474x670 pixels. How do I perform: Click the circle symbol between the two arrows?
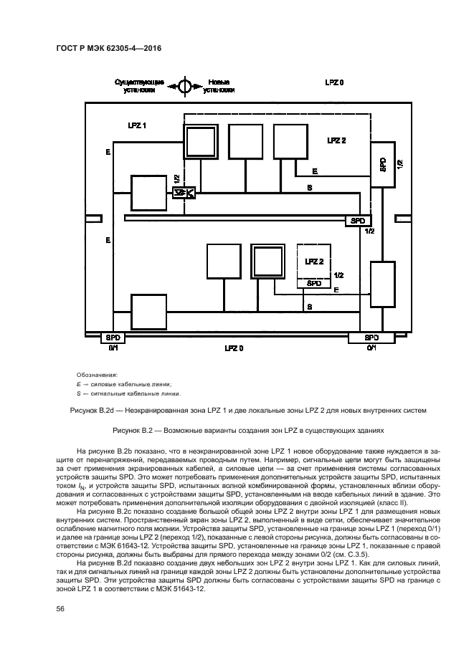tap(184, 87)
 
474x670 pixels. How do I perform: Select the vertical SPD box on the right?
tap(383, 164)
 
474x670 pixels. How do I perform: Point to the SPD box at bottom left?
tap(113, 338)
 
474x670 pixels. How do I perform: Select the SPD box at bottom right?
tap(371, 338)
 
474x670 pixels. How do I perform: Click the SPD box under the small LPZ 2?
tap(314, 283)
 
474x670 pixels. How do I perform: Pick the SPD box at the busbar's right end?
tap(357, 221)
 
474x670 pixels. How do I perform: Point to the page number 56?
tap(60, 608)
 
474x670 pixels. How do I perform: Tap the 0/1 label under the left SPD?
tap(113, 348)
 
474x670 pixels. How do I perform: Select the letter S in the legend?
tap(77, 393)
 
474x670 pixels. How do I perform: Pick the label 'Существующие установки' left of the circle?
tap(140, 87)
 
